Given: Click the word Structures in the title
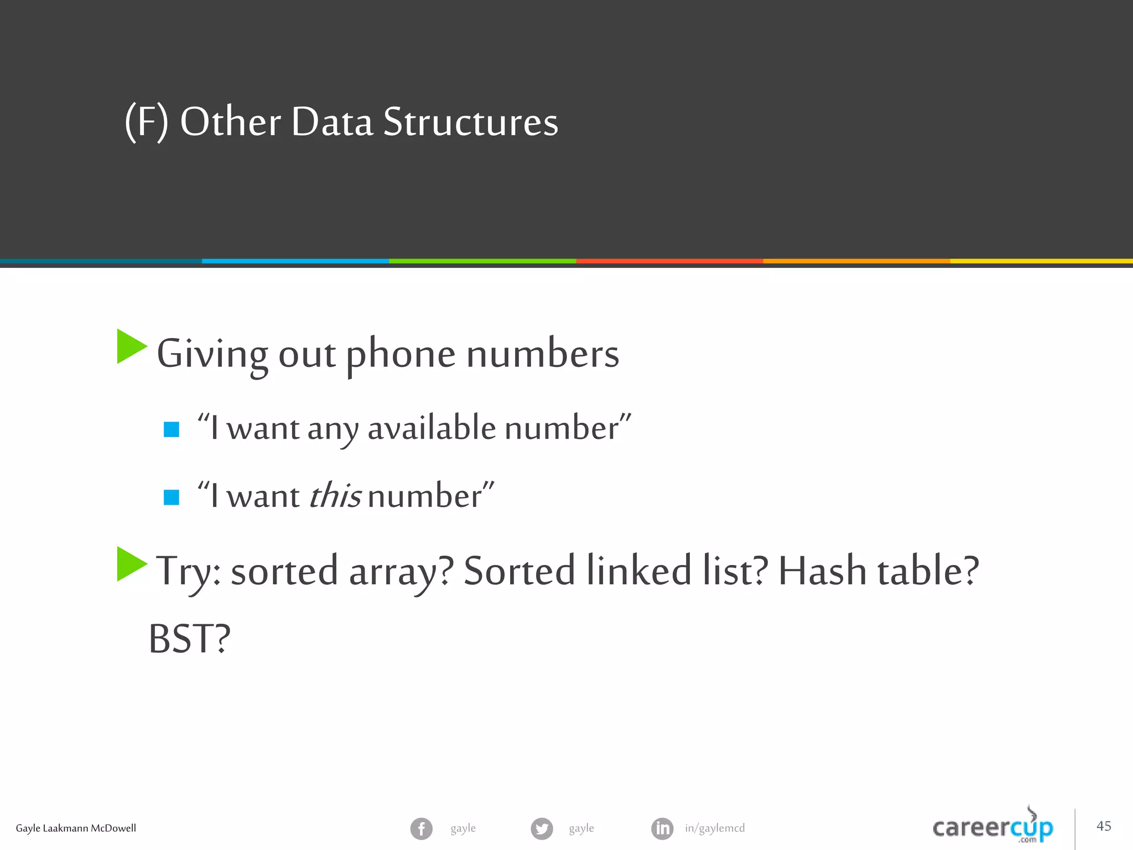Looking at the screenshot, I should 470,122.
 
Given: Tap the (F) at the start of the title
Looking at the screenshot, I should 146,122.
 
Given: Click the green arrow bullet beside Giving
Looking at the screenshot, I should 132,346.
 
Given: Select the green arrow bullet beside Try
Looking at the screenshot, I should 132,564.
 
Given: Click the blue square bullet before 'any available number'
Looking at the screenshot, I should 171,429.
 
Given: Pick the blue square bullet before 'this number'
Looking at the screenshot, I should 171,497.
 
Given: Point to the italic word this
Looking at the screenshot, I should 335,495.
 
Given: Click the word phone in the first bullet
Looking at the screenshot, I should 401,354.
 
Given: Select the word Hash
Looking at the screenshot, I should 822,571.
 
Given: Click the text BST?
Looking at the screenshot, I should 189,639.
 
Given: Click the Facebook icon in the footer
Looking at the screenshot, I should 421,828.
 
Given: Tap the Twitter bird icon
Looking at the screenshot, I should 542,828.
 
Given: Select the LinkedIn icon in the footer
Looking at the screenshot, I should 662,828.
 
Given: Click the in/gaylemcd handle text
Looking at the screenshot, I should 715,828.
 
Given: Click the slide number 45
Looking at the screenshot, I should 1104,826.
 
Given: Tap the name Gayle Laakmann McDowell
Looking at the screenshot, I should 76,828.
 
